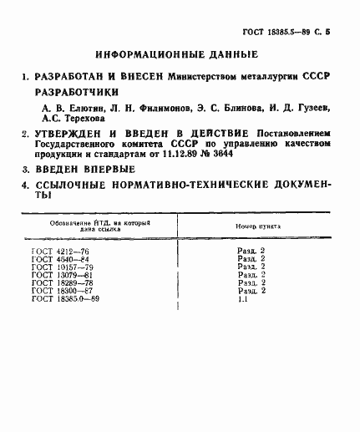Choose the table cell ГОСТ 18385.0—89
tap(66, 298)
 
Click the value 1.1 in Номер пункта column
tap(242, 298)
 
